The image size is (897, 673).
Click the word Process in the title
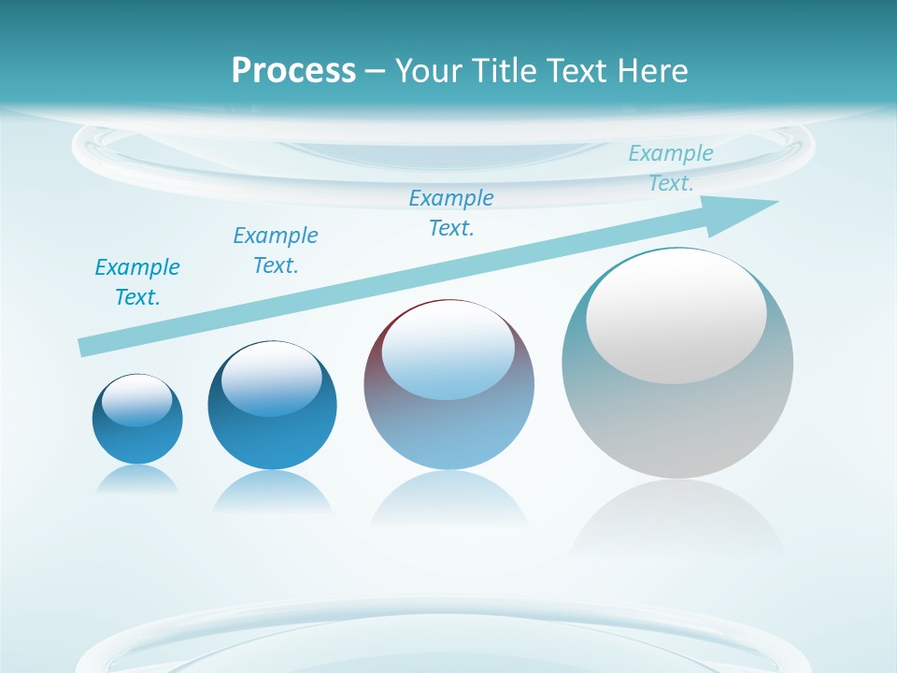tap(293, 71)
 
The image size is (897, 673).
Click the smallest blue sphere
tap(137, 439)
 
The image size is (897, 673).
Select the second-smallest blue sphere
tap(272, 439)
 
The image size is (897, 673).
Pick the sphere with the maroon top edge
tap(448, 430)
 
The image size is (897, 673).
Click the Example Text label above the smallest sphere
tap(137, 282)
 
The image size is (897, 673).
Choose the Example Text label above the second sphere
tap(276, 251)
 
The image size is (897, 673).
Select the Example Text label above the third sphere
tap(451, 213)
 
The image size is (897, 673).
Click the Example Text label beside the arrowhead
tap(671, 168)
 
